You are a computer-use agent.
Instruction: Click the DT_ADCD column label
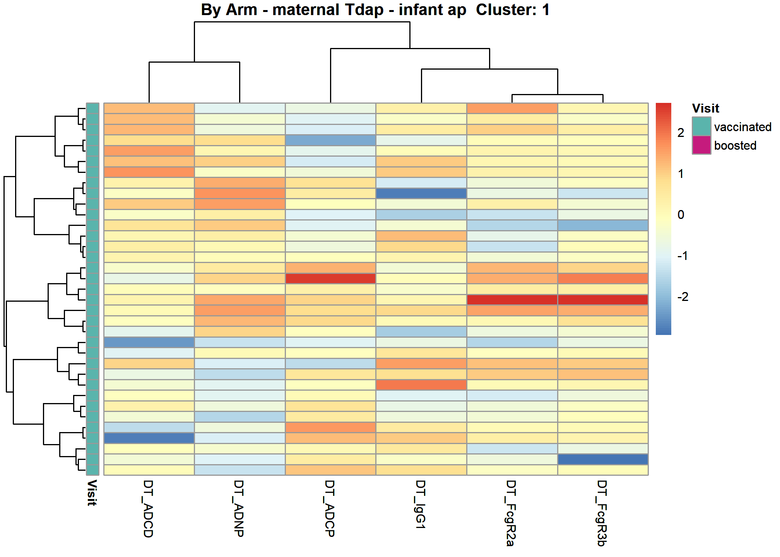pos(149,509)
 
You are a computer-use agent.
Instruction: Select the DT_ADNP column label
pos(239,508)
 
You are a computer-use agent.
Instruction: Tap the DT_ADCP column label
pos(330,508)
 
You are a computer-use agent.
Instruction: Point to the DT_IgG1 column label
pos(421,504)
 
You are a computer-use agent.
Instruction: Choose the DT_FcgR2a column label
pos(511,513)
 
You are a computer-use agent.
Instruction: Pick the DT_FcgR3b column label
pos(602,513)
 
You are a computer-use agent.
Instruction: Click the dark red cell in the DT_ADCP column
pos(330,278)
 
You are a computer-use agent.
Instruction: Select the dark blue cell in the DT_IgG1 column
pos(421,193)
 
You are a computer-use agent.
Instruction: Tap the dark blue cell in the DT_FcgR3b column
pos(603,459)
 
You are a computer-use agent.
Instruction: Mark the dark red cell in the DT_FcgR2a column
pos(512,299)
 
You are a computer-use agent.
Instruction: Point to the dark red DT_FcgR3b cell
pos(603,299)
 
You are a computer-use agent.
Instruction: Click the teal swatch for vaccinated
pos(701,126)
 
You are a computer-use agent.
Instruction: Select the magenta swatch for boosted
pos(701,145)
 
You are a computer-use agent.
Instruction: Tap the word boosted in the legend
pos(735,145)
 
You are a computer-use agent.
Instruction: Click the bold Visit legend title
pos(705,108)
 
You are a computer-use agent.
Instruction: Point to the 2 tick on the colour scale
pos(681,133)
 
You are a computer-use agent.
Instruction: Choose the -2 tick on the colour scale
pos(683,297)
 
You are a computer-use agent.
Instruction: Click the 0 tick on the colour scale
pos(681,215)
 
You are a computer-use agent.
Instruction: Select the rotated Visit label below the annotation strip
pos(92,493)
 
